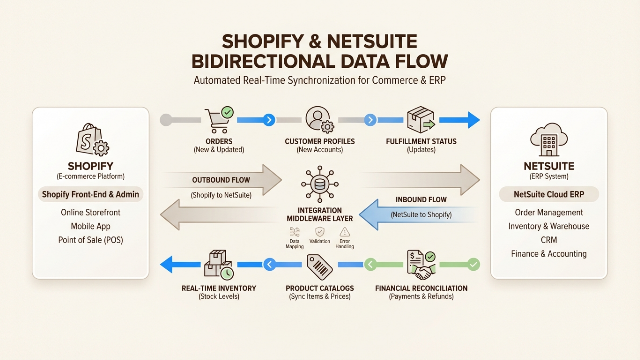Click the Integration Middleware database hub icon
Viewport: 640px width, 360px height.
(x=320, y=184)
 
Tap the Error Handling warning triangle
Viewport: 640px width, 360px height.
(x=345, y=232)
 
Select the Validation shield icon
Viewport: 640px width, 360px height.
(x=320, y=232)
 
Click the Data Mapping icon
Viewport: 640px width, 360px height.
(x=295, y=232)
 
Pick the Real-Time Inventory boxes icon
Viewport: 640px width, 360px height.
(x=218, y=264)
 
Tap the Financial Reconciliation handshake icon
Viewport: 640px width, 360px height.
(x=421, y=264)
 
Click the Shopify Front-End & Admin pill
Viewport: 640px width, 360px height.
(x=90, y=194)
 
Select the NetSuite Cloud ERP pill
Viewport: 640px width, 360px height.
(x=549, y=194)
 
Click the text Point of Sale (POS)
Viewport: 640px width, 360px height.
(x=90, y=240)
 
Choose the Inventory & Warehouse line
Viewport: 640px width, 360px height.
(x=549, y=226)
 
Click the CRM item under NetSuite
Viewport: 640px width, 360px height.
(x=549, y=240)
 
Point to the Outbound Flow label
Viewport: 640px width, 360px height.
(x=221, y=180)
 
